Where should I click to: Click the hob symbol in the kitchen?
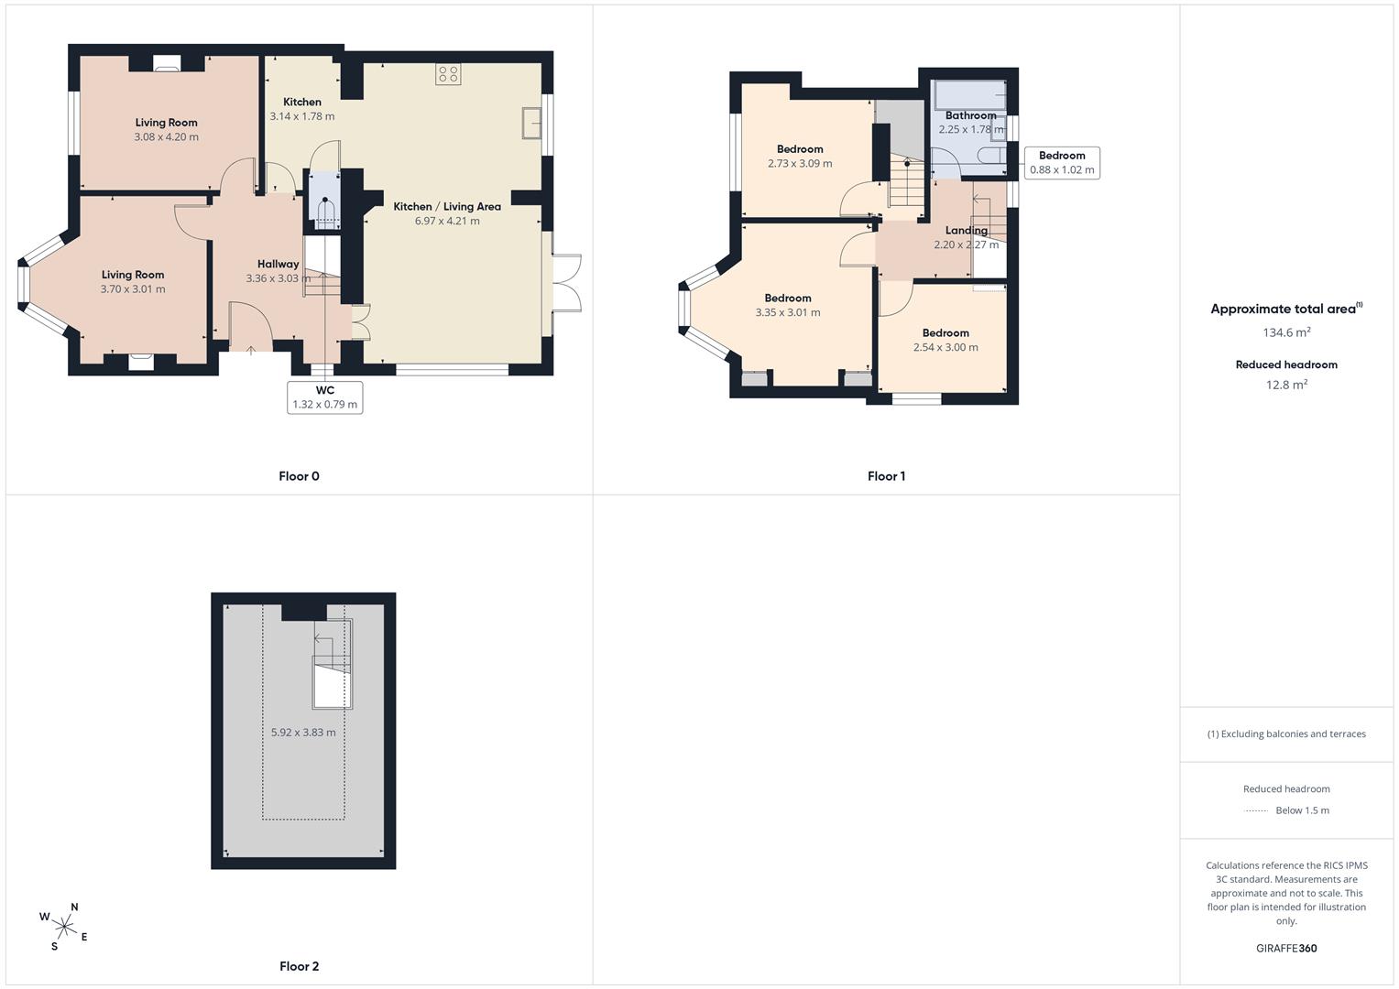coord(448,74)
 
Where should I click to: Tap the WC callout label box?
coord(324,397)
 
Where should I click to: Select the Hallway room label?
coord(278,264)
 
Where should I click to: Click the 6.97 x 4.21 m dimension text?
coord(447,221)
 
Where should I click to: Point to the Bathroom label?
coord(970,115)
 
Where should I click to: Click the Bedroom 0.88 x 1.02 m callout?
coord(1062,162)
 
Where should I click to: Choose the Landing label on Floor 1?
coord(967,231)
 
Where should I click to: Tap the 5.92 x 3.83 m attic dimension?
coord(303,733)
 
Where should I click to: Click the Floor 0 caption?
coord(299,476)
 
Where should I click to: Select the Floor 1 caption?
coord(886,476)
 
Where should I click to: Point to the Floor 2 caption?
coord(299,966)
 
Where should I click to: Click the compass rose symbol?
coord(64,927)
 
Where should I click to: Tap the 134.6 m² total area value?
coord(1286,332)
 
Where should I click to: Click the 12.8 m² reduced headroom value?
coord(1286,385)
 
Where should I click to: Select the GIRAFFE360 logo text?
coord(1286,949)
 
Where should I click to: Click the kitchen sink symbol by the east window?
coord(531,123)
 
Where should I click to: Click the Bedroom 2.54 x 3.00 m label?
coord(945,341)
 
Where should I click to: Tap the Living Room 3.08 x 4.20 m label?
coord(166,130)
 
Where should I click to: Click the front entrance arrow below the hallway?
coord(250,350)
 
